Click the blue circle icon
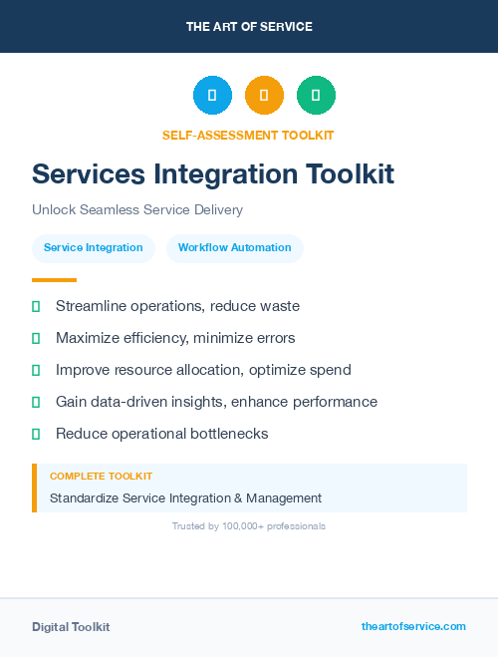[x=212, y=96]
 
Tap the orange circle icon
[x=264, y=96]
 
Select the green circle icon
[x=316, y=96]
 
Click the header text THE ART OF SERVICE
[x=249, y=27]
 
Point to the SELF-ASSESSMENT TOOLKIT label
[x=248, y=135]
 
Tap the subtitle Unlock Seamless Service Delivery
[x=137, y=210]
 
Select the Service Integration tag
[x=94, y=248]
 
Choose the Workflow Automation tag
[x=235, y=248]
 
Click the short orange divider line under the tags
[x=54, y=280]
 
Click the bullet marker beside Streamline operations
[x=36, y=306]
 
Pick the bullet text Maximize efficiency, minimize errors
[x=175, y=338]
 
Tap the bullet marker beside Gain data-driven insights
[x=36, y=402]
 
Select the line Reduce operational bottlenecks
[x=161, y=434]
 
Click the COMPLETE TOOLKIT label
[x=101, y=477]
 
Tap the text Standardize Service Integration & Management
[x=185, y=498]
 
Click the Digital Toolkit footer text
[x=71, y=627]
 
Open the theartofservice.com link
[x=413, y=626]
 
